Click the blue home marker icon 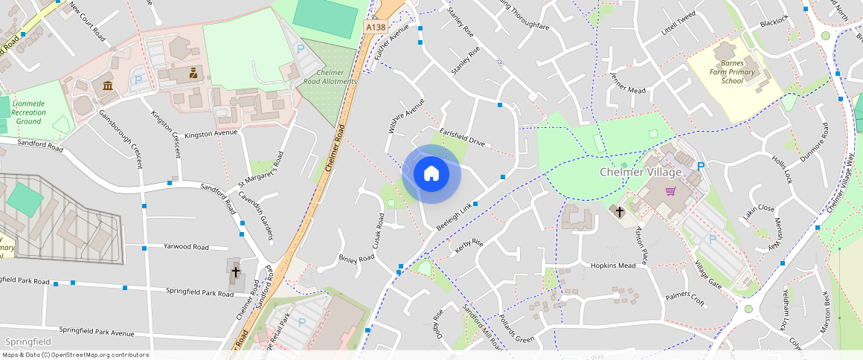[431, 174]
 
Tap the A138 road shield [375, 27]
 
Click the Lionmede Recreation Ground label [29, 112]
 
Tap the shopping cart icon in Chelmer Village [671, 191]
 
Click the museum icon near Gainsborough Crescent [109, 85]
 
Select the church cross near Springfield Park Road [236, 271]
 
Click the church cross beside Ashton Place [619, 212]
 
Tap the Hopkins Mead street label [613, 266]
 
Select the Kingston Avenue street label [211, 133]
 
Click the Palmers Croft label [684, 299]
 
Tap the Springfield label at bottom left [28, 341]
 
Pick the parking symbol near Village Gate [712, 240]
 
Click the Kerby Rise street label [469, 248]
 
